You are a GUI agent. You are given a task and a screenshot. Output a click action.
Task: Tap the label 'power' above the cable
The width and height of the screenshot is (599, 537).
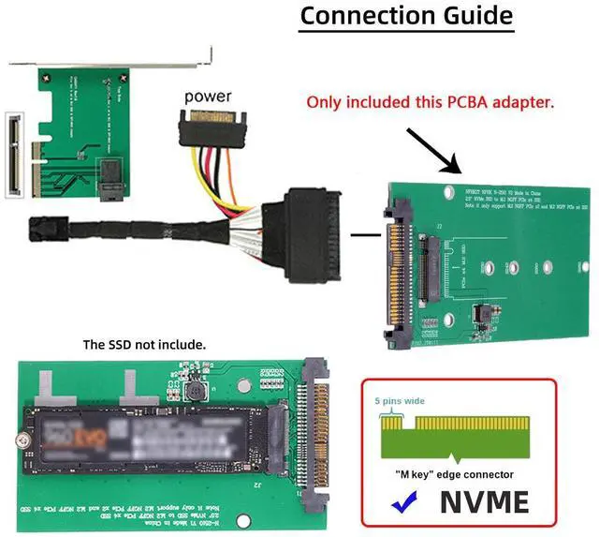[208, 96]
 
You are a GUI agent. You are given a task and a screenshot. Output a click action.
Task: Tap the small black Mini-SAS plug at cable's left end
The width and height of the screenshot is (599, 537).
[42, 227]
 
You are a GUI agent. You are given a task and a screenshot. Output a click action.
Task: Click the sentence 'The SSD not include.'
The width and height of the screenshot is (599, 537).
[145, 345]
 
